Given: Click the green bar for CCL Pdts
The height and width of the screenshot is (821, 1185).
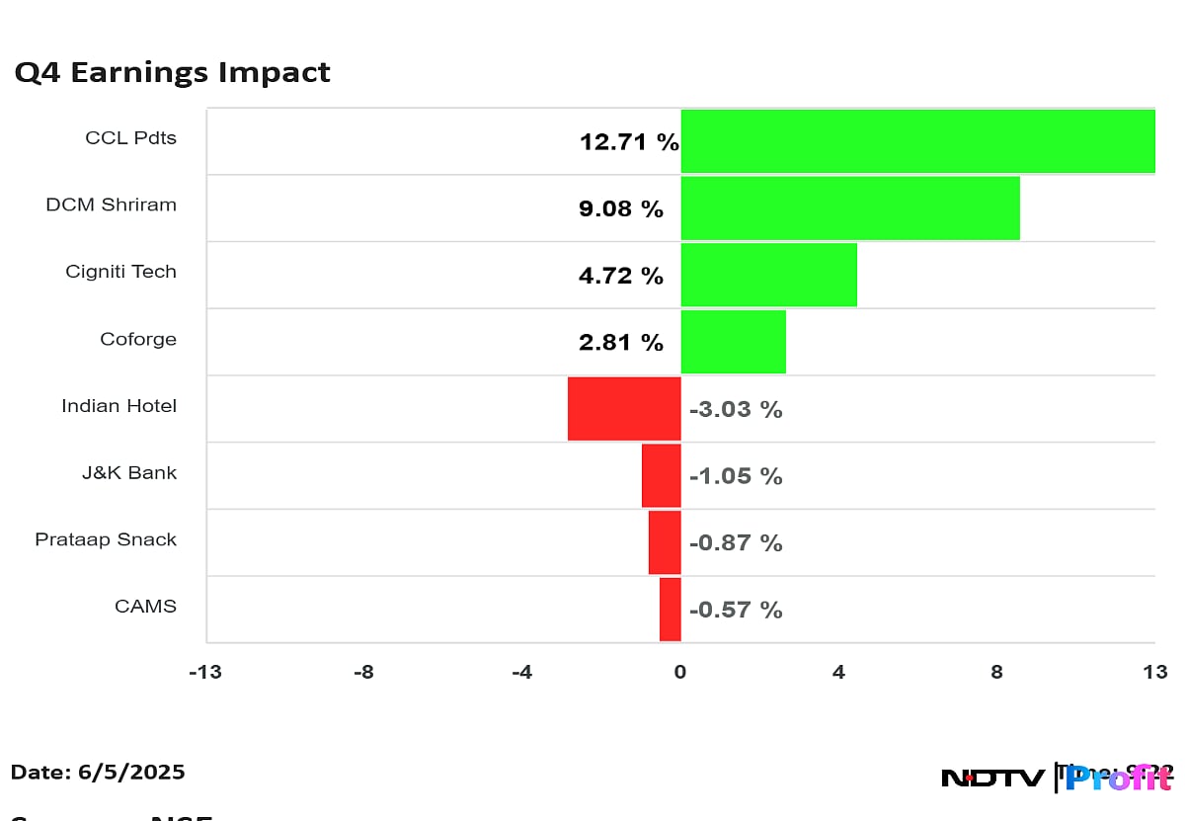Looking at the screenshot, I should tap(917, 141).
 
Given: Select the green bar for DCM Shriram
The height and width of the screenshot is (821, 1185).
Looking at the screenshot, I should tap(850, 208).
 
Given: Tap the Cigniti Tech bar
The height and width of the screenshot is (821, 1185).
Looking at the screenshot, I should tap(768, 275).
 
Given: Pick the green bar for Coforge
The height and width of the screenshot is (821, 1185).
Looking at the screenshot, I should tap(733, 342).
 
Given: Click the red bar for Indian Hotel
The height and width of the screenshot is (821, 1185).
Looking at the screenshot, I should tap(624, 408).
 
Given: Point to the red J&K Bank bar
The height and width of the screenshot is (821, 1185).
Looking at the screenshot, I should tap(661, 475).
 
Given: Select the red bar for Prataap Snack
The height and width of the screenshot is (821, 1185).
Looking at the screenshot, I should tap(665, 542).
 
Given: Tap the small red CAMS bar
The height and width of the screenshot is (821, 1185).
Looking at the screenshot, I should tap(670, 610).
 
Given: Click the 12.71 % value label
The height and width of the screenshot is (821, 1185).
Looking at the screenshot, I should tap(629, 142).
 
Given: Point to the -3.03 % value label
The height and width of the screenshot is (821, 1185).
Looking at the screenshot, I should tap(735, 409).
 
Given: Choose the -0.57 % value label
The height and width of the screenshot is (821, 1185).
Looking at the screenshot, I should tap(735, 611).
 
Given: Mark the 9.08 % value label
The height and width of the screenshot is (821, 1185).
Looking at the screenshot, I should tap(621, 209).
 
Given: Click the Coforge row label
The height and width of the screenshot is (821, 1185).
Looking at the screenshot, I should tap(138, 339).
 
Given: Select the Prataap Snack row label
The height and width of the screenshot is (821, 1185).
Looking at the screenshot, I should tap(106, 539).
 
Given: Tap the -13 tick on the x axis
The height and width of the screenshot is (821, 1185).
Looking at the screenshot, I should tap(204, 673).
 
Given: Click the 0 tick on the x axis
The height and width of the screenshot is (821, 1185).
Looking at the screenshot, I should tap(679, 673).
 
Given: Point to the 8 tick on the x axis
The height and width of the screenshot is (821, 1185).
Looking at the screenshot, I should tap(996, 673).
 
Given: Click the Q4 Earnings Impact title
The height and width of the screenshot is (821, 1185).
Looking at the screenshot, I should tap(172, 72).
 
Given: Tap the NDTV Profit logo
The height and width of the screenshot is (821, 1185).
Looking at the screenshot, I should tap(1057, 778).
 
